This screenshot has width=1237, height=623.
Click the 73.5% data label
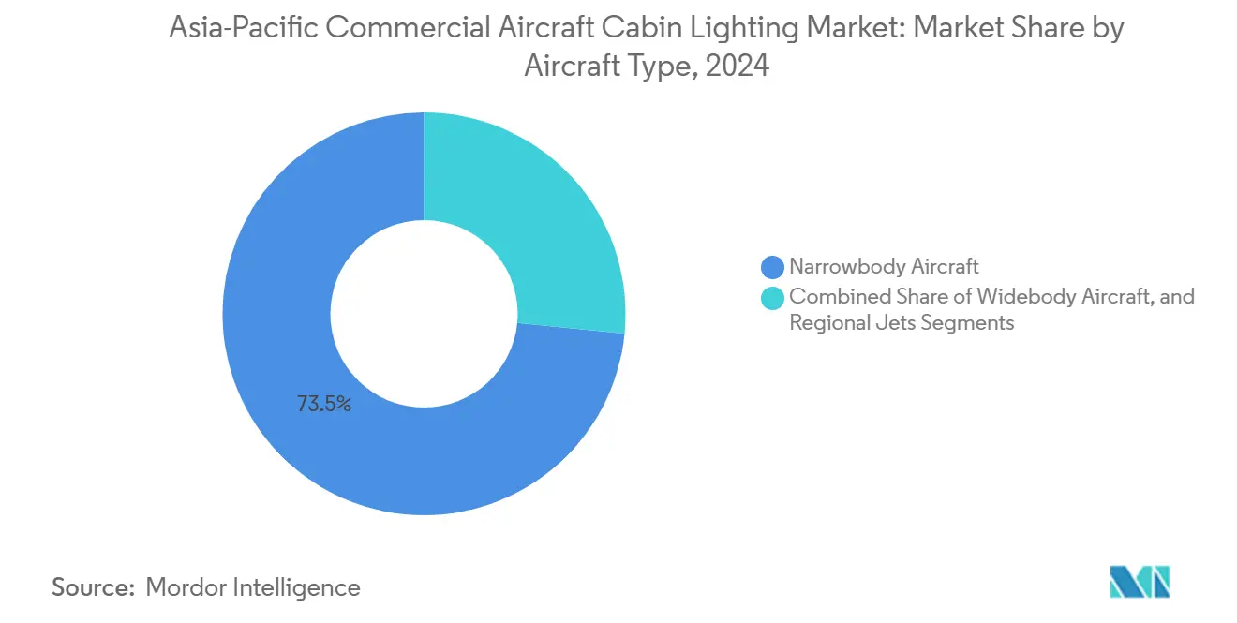point(324,405)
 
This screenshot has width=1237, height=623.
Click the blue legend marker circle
point(773,268)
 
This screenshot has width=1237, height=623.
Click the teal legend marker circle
point(773,298)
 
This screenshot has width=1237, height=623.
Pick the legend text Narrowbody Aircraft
point(884,268)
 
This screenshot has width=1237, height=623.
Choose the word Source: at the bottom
point(94,587)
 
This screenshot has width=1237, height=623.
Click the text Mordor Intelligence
point(253,587)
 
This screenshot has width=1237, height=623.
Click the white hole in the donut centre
point(424,314)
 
